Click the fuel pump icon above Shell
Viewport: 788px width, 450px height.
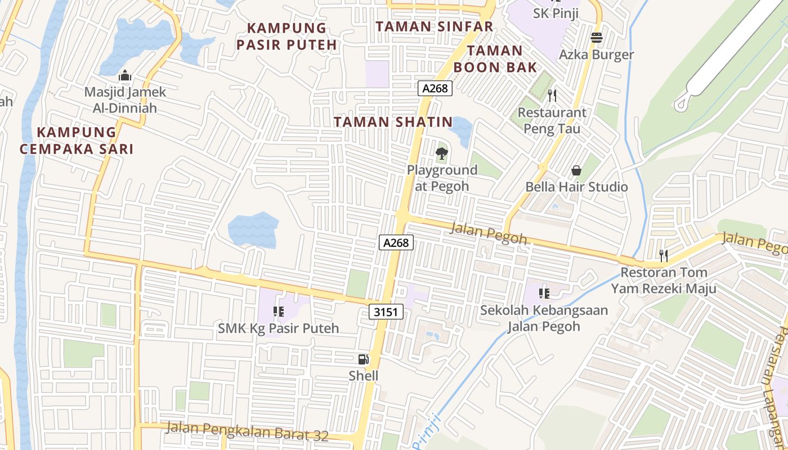pyautogui.click(x=364, y=359)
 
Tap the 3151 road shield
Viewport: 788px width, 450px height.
pyautogui.click(x=387, y=312)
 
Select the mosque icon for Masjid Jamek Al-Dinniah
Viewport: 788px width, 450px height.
pyautogui.click(x=125, y=75)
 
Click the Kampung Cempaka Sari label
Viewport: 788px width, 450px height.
pyautogui.click(x=77, y=141)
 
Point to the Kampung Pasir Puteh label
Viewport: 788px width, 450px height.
pyautogui.click(x=286, y=36)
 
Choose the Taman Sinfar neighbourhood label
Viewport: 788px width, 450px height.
pyautogui.click(x=434, y=26)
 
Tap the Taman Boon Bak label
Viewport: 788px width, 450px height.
pyautogui.click(x=488, y=59)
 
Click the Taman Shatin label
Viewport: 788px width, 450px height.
pyautogui.click(x=393, y=122)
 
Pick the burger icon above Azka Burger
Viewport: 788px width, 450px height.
pyautogui.click(x=596, y=38)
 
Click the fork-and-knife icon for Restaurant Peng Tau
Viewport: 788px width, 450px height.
pyautogui.click(x=552, y=96)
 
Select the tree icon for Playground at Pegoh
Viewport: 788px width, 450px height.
pyautogui.click(x=442, y=153)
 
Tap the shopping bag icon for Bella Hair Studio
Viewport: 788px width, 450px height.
pyautogui.click(x=576, y=170)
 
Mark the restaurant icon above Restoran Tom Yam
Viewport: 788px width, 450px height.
pyautogui.click(x=664, y=256)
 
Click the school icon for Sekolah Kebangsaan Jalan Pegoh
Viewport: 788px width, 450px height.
pyautogui.click(x=544, y=293)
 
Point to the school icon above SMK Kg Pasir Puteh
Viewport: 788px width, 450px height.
pyautogui.click(x=278, y=311)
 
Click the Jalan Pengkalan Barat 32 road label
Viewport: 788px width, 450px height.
pyautogui.click(x=246, y=431)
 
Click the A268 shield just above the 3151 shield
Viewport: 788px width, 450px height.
pyautogui.click(x=396, y=242)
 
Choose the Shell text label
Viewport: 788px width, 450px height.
pyautogui.click(x=364, y=376)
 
